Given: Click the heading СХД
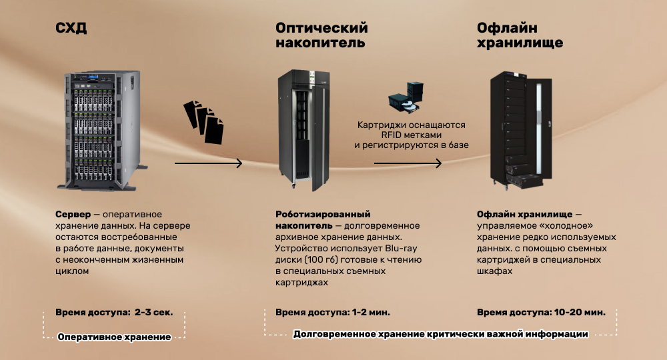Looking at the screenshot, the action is [x=71, y=28].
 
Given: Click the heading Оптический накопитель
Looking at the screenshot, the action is [x=321, y=35].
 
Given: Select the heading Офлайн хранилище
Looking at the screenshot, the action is [x=520, y=35].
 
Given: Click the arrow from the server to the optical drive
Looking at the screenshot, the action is [x=208, y=163].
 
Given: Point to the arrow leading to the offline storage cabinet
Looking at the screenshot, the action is [x=408, y=163].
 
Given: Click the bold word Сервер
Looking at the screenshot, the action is [x=73, y=214].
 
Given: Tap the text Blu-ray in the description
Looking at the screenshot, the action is [x=401, y=248].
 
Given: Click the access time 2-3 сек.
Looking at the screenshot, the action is [x=153, y=313].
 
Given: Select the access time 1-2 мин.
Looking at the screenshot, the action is [x=371, y=313].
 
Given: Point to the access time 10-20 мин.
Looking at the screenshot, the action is [x=580, y=313].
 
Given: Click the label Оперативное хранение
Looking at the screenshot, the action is [x=115, y=337].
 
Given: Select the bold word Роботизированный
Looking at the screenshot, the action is [x=323, y=214].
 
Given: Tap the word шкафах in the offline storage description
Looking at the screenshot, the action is [x=494, y=271].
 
